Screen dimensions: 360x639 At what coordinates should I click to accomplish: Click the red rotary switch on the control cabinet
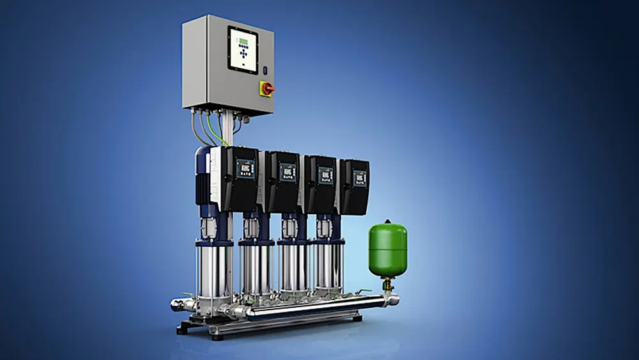(266, 88)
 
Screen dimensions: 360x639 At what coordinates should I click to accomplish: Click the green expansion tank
(387, 249)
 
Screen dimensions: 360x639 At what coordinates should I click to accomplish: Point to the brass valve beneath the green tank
(387, 285)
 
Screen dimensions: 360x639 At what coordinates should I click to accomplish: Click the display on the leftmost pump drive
(245, 169)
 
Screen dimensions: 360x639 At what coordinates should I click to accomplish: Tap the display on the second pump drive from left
(288, 172)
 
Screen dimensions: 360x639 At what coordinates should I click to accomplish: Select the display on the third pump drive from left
(325, 175)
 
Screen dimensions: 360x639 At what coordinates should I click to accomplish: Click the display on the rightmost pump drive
(359, 176)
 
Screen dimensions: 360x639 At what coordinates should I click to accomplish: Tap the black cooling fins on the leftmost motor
(203, 186)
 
